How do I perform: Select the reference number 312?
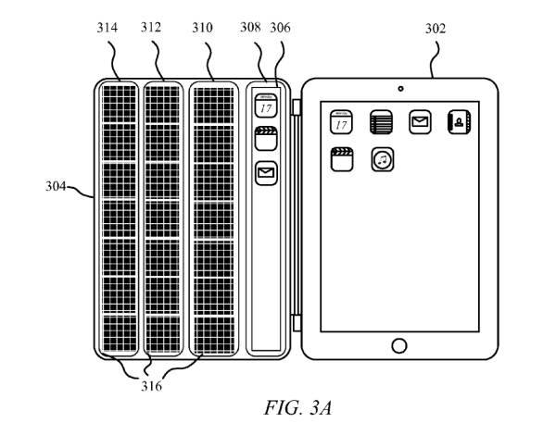(x=152, y=28)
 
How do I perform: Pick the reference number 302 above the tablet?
(x=434, y=28)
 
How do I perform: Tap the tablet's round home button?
(x=399, y=345)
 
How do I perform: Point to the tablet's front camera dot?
(x=399, y=89)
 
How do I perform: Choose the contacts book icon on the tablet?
(x=460, y=121)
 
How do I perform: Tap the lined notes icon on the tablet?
(x=378, y=121)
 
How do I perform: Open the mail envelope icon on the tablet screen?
(x=420, y=121)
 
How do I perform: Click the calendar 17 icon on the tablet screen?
(x=340, y=121)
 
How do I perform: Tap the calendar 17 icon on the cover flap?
(x=266, y=106)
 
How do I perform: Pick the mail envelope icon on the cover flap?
(x=267, y=172)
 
